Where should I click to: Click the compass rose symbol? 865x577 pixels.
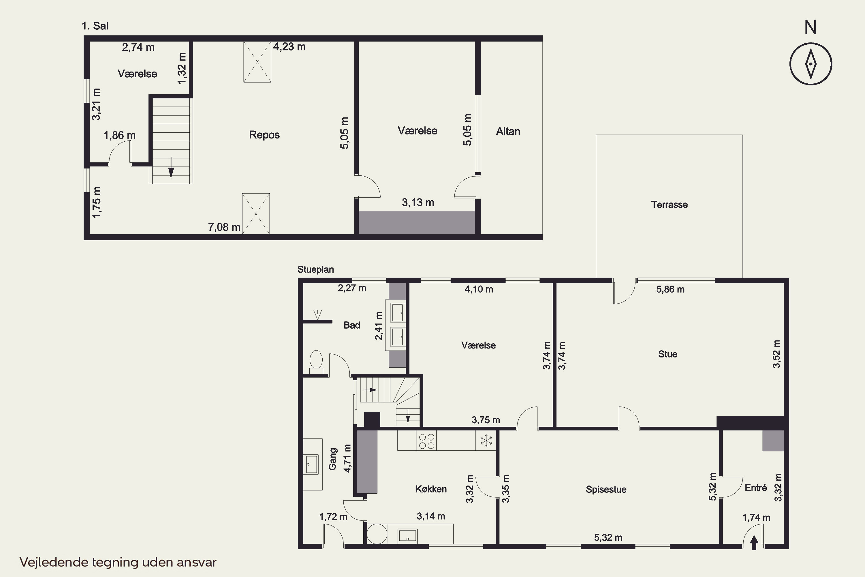coord(811,64)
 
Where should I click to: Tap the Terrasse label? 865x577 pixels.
coord(669,205)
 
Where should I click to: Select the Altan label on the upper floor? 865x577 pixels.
coord(508,131)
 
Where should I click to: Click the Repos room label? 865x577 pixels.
coord(264,135)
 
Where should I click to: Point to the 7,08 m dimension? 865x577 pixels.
coord(224,227)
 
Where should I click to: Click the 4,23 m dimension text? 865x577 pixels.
coord(289,47)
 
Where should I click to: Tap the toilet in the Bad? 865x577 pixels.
coord(316,362)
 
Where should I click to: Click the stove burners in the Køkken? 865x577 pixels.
coord(427,441)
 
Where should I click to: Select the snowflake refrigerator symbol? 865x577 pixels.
coord(486,441)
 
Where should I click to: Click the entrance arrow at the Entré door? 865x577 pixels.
coord(754,543)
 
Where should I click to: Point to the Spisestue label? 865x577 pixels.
coord(606,489)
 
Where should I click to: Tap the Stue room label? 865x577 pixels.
coord(668,354)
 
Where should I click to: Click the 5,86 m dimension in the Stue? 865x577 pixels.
coord(670,289)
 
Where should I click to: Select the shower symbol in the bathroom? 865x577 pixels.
coord(317,315)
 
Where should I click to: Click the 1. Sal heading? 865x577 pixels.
coord(95,26)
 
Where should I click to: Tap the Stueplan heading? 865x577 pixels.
coord(315,269)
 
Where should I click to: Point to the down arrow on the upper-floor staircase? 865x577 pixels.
coord(171,167)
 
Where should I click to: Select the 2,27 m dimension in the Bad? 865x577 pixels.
coord(352,288)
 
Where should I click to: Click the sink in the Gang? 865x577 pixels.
coord(312,464)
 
